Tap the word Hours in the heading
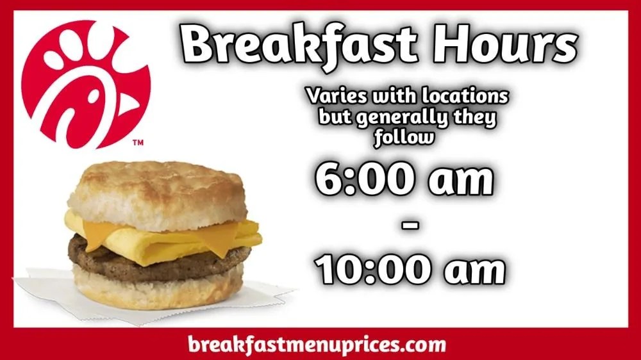500,45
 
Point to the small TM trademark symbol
138,143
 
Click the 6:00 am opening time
404,181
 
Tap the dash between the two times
411,226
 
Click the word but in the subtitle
333,119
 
